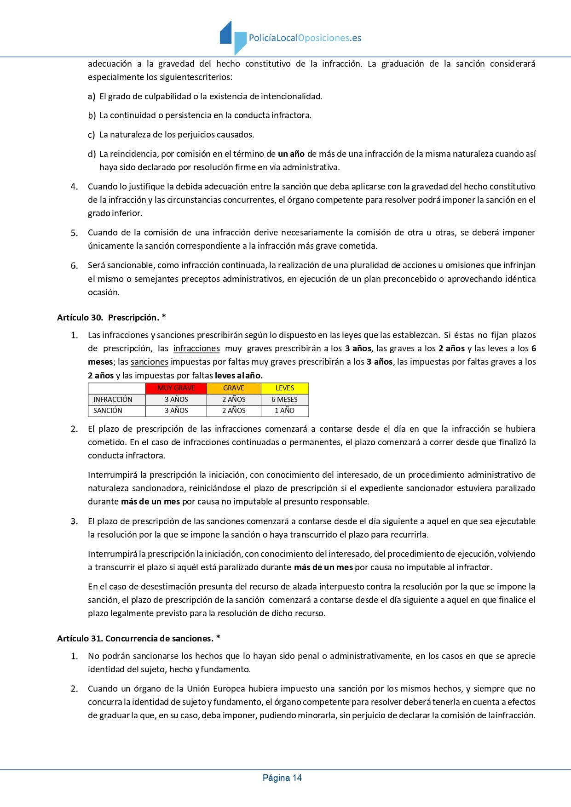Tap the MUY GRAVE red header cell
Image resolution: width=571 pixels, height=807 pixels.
[176, 388]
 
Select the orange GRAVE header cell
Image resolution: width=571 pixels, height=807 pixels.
[234, 388]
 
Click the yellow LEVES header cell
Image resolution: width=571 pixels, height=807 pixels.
[285, 388]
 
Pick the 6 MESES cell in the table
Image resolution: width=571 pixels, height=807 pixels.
[285, 400]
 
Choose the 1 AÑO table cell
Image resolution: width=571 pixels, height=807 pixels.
[285, 411]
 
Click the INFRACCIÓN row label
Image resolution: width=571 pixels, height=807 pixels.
[113, 400]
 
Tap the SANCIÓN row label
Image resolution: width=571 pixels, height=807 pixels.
[108, 411]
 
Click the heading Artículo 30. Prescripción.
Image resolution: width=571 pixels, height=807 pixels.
[111, 318]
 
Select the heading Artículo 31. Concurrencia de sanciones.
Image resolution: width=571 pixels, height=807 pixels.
[138, 639]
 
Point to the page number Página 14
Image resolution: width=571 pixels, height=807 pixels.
[282, 778]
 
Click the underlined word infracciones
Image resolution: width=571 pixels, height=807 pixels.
[196, 349]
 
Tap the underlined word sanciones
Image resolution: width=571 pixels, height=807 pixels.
[150, 362]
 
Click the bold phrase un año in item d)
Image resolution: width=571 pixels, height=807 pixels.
[291, 154]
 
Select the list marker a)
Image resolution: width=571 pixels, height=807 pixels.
[92, 97]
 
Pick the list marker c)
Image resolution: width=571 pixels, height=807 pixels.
[91, 135]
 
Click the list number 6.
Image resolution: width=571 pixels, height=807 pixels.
[74, 266]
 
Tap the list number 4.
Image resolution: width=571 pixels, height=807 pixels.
[74, 187]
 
